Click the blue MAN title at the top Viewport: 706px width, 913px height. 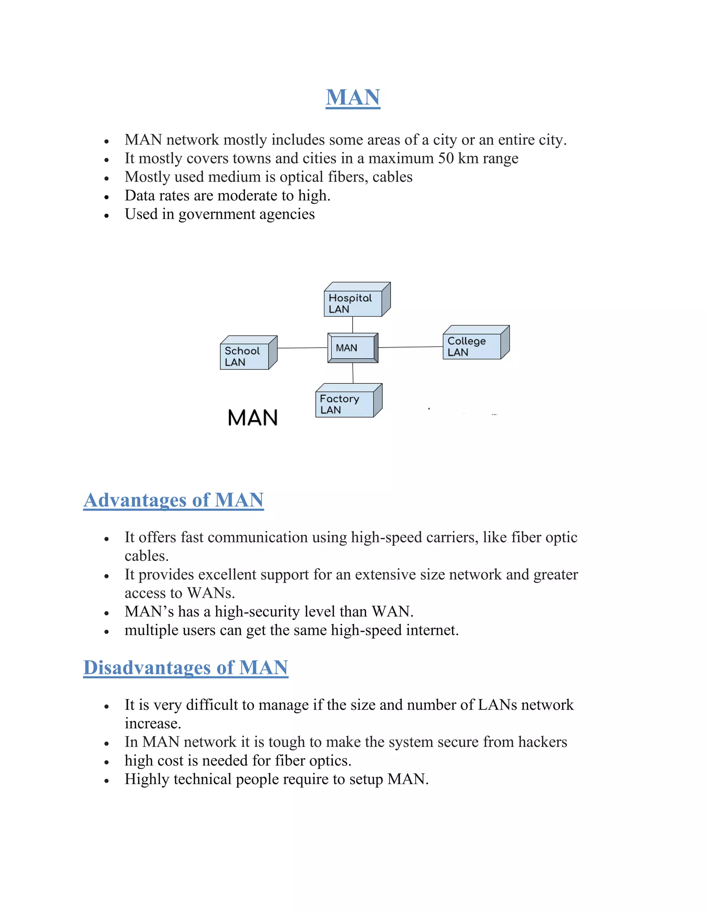[353, 98]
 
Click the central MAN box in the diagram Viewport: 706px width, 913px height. [353, 348]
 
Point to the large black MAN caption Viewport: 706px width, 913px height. [253, 418]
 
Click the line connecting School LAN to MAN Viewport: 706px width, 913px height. [302, 348]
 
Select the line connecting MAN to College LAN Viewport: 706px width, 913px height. [410, 347]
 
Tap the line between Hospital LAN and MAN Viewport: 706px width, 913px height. [353, 325]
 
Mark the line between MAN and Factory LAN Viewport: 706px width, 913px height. [353, 373]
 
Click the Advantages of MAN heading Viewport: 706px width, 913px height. [174, 500]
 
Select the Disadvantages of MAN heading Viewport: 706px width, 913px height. [186, 668]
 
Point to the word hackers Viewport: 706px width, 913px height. [543, 742]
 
